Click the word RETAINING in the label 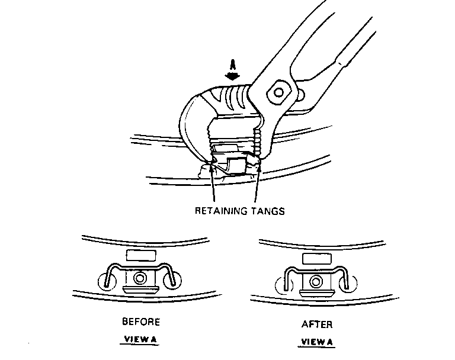pyautogui.click(x=222, y=211)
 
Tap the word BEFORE pyautogui.click(x=141, y=322)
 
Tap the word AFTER pyautogui.click(x=317, y=324)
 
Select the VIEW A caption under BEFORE pyautogui.click(x=140, y=339)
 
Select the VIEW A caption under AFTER pyautogui.click(x=317, y=342)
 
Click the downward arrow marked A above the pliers pyautogui.click(x=232, y=70)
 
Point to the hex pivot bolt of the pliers pyautogui.click(x=279, y=92)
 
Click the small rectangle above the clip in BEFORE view pyautogui.click(x=141, y=256)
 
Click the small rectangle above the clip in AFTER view pyautogui.click(x=317, y=259)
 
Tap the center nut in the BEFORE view pyautogui.click(x=140, y=278)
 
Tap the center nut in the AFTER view pyautogui.click(x=316, y=282)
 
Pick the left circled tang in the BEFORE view pyautogui.click(x=107, y=281)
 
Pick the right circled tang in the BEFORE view pyautogui.click(x=172, y=281)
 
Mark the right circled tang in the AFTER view pyautogui.click(x=348, y=284)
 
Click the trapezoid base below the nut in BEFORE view pyautogui.click(x=141, y=290)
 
